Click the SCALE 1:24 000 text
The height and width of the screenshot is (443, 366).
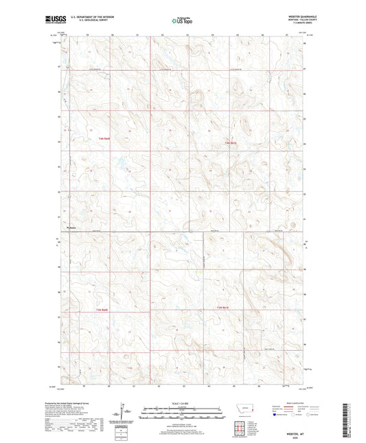(183, 402)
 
